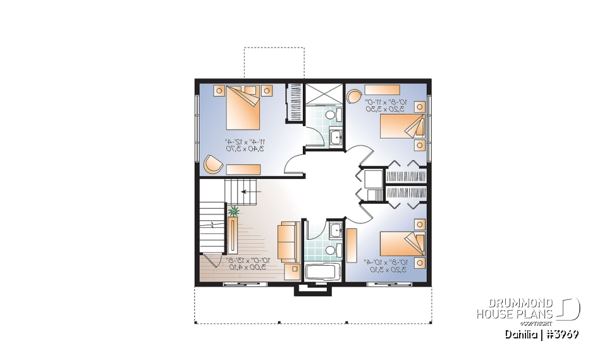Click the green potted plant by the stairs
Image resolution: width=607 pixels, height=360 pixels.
[x=235, y=211]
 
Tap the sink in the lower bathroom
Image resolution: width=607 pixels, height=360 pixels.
[x=334, y=229]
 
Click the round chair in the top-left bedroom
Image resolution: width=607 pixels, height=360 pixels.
[x=212, y=164]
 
